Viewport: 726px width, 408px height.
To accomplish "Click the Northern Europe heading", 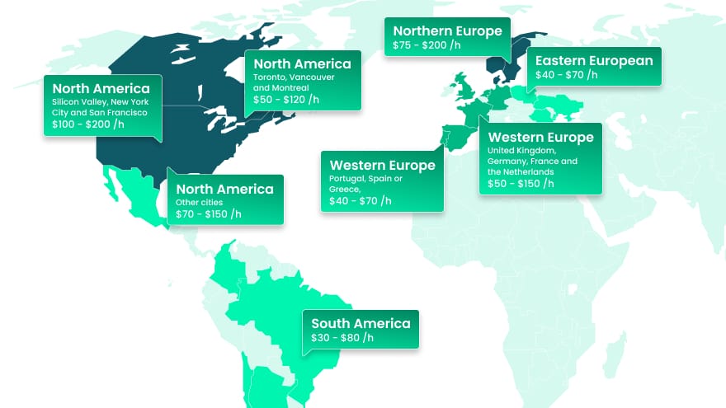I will coord(447,31).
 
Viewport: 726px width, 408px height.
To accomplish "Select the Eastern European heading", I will coord(594,61).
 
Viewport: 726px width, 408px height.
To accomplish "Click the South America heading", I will coord(361,324).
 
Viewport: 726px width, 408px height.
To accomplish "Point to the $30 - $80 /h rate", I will coord(342,338).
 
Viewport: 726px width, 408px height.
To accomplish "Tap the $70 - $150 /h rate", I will coord(209,214).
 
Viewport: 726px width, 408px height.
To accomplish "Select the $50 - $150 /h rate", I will coord(521,184).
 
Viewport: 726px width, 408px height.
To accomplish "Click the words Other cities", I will coord(200,202).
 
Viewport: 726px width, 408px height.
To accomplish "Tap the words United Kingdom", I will coord(516,151).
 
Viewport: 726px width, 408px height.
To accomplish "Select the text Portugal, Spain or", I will coord(366,179).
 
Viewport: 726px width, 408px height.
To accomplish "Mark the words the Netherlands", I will coord(521,172).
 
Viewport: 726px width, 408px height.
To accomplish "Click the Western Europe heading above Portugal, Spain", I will coord(382,166).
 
